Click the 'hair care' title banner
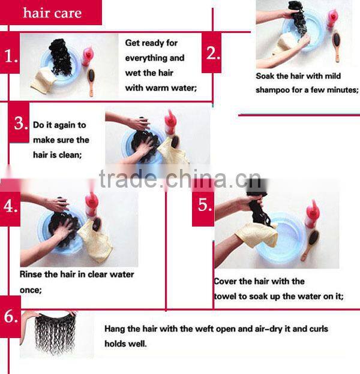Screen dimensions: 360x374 pos(51,13)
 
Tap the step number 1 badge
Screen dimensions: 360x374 pos(10,53)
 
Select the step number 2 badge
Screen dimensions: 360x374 pos(212,53)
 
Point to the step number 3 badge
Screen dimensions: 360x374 pos(19,123)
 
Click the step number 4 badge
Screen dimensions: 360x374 pos(10,206)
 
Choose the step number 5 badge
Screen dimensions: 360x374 pos(203,206)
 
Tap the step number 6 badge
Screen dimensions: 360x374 pos(10,316)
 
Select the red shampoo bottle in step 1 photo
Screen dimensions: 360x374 pos(87,56)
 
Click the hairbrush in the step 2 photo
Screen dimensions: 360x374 pos(337,46)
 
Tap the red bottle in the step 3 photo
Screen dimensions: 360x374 pos(170,122)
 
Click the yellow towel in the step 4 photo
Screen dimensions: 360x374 pos(96,241)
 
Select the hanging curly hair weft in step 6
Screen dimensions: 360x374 pos(55,333)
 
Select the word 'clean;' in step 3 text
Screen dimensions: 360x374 pos(70,155)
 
